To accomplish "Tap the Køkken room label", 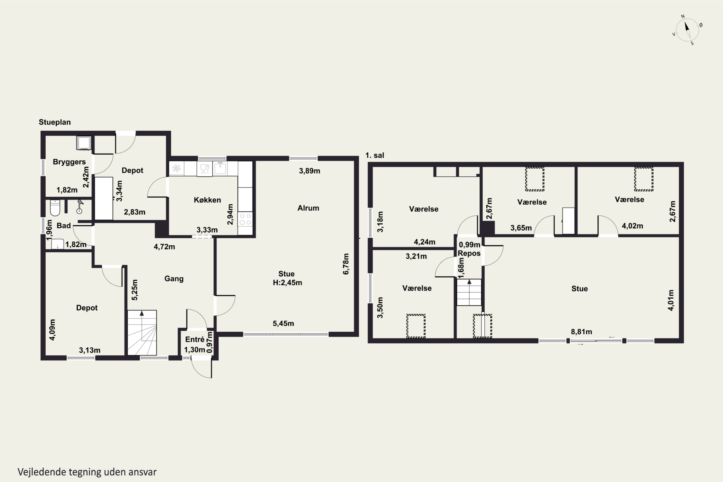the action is click(x=207, y=200).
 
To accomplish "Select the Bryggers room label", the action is click(x=69, y=162).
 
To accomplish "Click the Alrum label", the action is click(x=308, y=208).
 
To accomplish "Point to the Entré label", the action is click(x=194, y=339).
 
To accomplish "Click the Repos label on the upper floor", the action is click(x=469, y=253).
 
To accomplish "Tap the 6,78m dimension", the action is click(x=346, y=264).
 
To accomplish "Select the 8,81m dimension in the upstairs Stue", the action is click(x=581, y=332).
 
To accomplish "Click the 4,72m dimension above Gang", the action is click(x=164, y=247).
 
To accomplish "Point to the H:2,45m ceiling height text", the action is click(x=288, y=282).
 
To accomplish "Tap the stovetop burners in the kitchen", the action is click(x=245, y=220).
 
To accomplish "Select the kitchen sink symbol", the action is click(x=220, y=168).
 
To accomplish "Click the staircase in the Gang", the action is click(x=142, y=333).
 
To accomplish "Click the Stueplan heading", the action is click(x=55, y=122).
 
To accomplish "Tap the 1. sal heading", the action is click(x=375, y=155).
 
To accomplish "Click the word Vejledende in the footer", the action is click(x=42, y=472).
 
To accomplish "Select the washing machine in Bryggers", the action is click(x=84, y=143).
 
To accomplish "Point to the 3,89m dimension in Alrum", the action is click(x=309, y=171).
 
